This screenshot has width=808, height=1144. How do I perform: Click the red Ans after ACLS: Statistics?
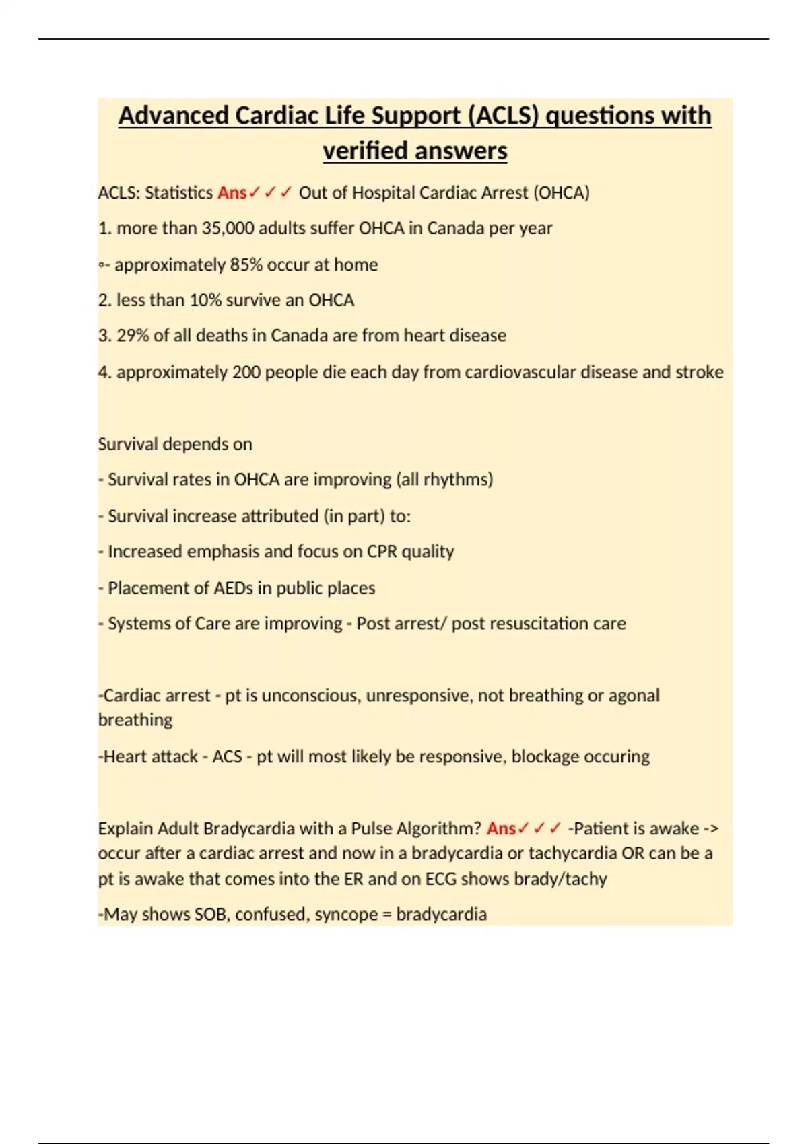(232, 192)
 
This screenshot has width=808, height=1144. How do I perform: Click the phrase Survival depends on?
(175, 444)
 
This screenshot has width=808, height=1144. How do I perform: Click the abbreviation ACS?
(227, 756)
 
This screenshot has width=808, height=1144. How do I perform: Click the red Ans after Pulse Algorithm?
(501, 828)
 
